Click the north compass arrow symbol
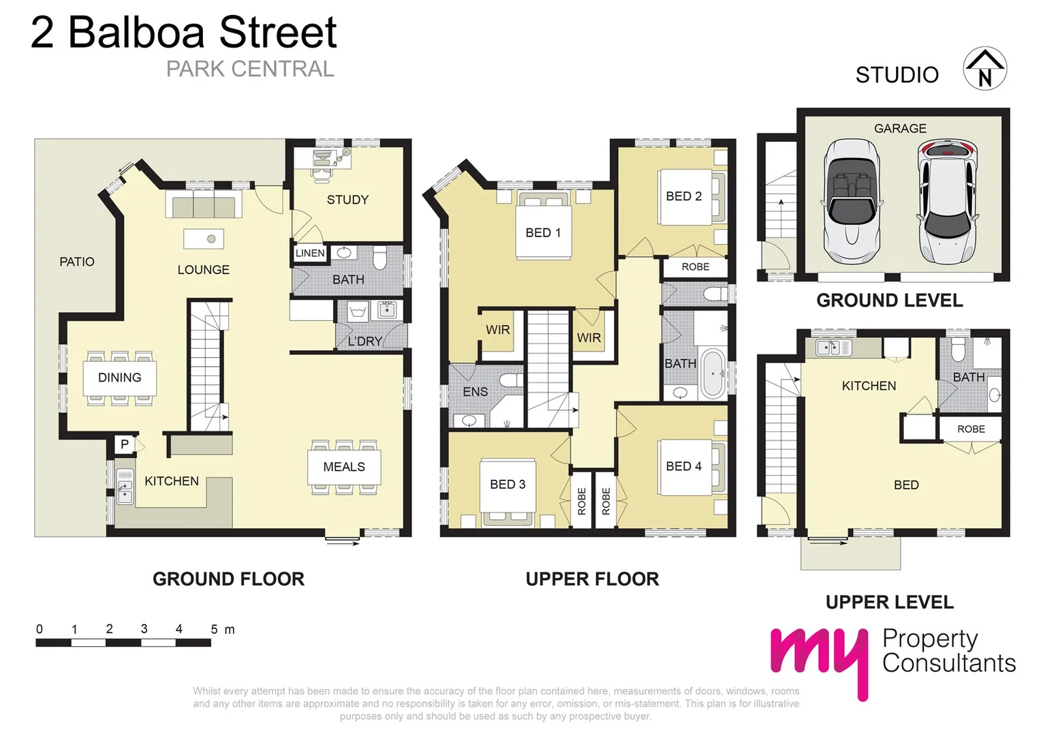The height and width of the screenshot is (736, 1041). click(984, 69)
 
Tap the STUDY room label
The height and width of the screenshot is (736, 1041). click(347, 200)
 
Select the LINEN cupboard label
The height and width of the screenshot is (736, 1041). click(310, 253)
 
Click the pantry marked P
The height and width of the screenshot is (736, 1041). click(125, 444)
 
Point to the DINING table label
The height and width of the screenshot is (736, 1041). click(120, 378)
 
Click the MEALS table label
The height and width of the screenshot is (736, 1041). click(344, 467)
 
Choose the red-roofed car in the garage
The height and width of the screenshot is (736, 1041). click(947, 202)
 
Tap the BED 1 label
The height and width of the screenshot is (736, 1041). click(543, 233)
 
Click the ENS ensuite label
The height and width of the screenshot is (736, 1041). click(475, 392)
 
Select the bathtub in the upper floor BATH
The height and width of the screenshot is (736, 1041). click(713, 373)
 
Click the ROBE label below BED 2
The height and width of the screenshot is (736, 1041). click(695, 267)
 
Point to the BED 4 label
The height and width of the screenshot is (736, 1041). click(683, 466)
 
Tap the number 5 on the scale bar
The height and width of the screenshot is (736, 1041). click(214, 629)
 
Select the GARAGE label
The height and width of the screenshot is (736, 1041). click(900, 128)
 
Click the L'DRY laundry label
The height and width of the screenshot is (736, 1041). click(365, 341)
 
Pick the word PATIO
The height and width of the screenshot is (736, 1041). click(77, 262)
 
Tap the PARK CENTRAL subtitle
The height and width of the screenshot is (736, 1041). click(250, 69)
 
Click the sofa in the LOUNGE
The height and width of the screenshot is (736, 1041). click(204, 205)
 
